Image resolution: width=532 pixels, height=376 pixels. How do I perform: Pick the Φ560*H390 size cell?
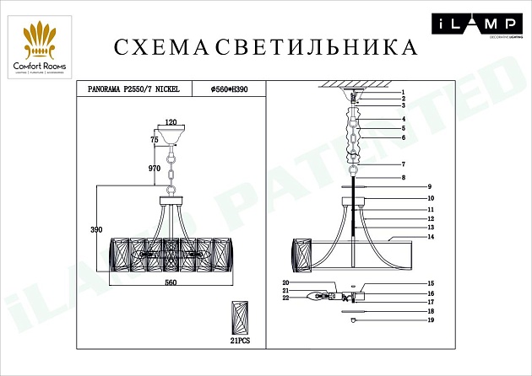(x=227, y=87)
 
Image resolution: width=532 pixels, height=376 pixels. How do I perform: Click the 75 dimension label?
(x=155, y=139)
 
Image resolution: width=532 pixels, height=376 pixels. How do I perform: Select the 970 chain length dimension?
(x=154, y=169)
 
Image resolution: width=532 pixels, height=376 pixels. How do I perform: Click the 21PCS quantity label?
(x=242, y=341)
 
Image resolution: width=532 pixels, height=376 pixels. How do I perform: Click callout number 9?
(x=429, y=185)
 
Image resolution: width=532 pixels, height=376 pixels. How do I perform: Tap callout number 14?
(x=429, y=237)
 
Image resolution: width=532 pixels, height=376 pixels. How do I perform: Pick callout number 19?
(x=429, y=321)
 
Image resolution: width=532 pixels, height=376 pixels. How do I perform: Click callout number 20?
(x=285, y=282)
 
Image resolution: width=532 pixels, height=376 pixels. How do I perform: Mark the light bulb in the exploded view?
(x=318, y=295)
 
